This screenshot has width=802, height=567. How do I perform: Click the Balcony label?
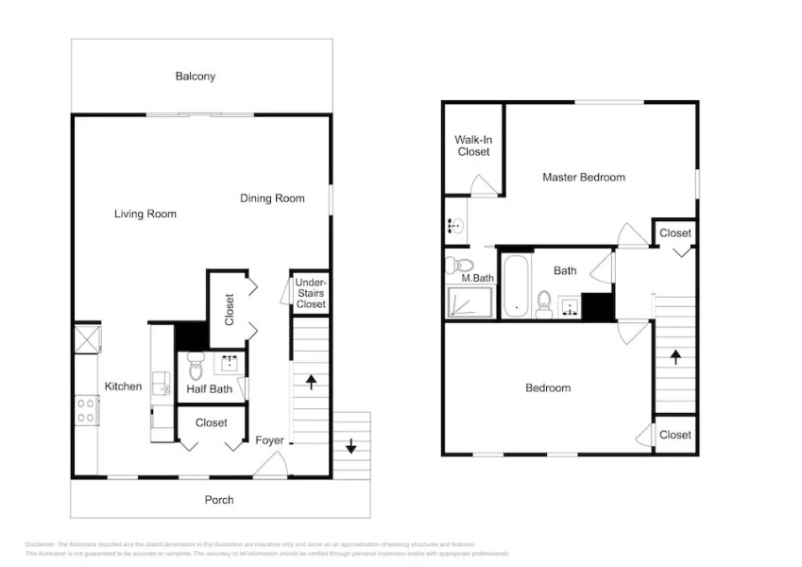coord(195,77)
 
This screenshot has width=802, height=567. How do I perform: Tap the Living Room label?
coord(145,214)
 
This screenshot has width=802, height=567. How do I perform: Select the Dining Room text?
coord(272,198)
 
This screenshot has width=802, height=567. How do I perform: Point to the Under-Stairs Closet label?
coord(311,293)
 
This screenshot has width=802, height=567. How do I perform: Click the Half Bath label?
coord(210,388)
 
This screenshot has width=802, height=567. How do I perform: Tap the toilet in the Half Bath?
coord(196,364)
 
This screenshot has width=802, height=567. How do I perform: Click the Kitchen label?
coord(123,386)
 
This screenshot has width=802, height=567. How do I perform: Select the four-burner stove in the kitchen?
coord(86,410)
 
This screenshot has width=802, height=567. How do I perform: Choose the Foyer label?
coord(269,440)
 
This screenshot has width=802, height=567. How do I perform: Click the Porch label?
coord(219,499)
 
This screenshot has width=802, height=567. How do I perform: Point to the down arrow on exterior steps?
coord(351,445)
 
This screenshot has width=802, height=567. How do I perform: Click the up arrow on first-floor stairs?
coord(311,382)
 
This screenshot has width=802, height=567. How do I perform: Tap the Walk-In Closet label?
coord(473,146)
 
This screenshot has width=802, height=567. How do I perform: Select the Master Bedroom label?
coord(583,177)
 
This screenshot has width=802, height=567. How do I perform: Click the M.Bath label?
coord(477,278)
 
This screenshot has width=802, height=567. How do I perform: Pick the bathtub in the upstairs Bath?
coord(516,284)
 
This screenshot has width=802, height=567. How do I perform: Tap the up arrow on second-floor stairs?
coord(675,356)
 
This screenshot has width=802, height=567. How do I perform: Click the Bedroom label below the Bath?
coord(548,387)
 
